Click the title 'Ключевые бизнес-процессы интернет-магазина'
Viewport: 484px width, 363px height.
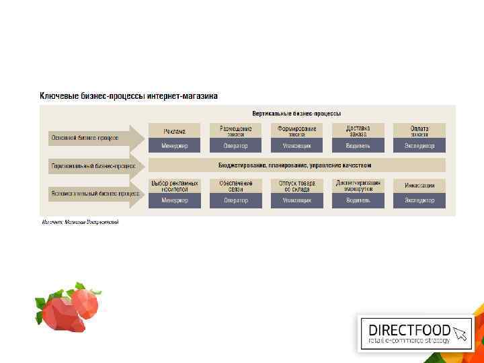(x=128, y=96)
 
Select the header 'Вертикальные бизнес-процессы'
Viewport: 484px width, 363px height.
(x=296, y=113)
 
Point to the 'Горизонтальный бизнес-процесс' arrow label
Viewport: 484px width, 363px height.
(x=92, y=165)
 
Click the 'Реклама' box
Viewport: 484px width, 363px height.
(x=174, y=130)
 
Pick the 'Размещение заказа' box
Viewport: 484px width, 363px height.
(x=235, y=130)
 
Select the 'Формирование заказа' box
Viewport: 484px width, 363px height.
(x=296, y=130)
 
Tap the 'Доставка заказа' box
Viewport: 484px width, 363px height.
(x=358, y=130)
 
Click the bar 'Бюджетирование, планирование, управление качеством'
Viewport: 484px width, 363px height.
(x=296, y=165)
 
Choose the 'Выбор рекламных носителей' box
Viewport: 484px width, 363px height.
(x=174, y=186)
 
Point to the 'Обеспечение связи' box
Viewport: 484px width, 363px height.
(x=235, y=186)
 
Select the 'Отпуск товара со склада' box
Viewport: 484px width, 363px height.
(x=296, y=186)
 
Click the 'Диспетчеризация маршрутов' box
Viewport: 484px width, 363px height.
(x=358, y=186)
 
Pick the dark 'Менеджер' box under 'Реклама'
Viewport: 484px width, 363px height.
(x=174, y=145)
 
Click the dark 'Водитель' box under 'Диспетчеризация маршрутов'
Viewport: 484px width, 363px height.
(x=358, y=200)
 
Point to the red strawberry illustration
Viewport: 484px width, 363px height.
(x=67, y=308)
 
